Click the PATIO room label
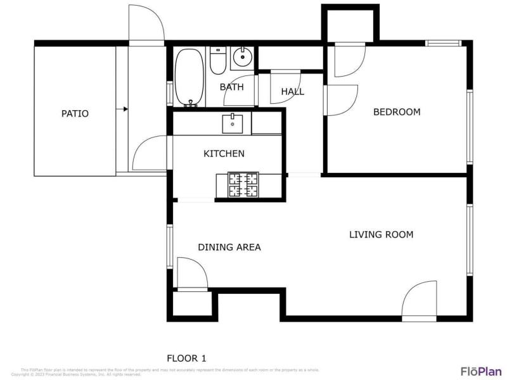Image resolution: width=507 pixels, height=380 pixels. (75, 114)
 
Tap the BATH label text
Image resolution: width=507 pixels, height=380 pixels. (231, 87)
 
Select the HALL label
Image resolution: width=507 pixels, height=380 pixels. (292, 92)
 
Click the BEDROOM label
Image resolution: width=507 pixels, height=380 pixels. (397, 112)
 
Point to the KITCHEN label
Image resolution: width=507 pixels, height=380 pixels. (224, 153)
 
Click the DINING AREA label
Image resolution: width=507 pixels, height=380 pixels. (229, 247)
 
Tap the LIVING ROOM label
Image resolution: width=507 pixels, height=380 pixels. (381, 234)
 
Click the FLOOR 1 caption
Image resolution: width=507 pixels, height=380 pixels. (186, 358)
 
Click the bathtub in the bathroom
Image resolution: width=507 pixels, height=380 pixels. (188, 77)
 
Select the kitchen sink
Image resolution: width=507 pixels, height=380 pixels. (233, 123)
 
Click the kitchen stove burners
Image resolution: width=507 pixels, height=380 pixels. (243, 184)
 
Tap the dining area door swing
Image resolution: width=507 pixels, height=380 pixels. (193, 274)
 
